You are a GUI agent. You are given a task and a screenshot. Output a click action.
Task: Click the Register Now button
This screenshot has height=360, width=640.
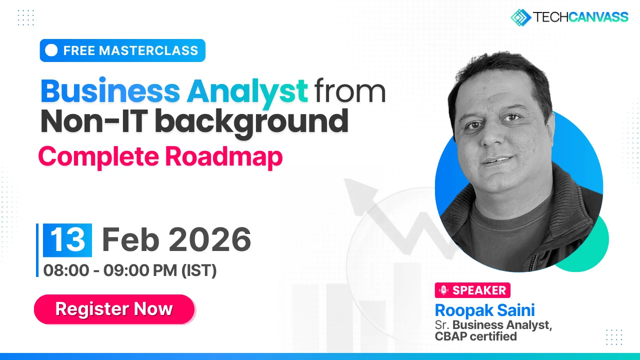point(114,309)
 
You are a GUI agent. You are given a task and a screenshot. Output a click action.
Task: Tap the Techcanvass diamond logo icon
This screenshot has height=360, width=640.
point(520,17)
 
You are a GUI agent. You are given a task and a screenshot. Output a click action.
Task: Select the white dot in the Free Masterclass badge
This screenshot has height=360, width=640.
point(51,50)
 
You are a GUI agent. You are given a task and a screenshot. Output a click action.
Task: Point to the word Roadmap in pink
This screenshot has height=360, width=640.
point(224,157)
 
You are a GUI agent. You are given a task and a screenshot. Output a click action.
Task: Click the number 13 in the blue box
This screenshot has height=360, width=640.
point(67,240)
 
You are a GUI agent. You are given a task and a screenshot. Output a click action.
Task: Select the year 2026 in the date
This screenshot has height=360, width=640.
point(210,239)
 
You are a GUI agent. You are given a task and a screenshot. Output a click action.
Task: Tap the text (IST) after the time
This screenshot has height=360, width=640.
point(199,270)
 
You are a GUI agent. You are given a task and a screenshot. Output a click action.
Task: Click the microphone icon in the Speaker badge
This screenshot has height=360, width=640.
point(443,290)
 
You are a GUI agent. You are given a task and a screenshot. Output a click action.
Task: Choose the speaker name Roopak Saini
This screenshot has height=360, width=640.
point(485,310)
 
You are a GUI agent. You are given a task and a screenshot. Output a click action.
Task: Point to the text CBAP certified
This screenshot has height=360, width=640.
point(475,336)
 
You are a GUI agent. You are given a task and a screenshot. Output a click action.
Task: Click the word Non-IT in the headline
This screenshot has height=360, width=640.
point(94,121)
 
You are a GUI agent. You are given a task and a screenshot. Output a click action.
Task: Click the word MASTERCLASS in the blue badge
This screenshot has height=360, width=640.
point(148,50)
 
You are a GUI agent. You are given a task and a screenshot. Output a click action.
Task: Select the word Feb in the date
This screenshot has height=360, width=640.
point(130,239)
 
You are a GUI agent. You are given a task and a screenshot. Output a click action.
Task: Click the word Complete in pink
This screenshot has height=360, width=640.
point(98,157)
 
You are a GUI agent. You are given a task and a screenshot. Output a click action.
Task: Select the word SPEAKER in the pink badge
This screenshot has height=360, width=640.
point(479,290)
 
